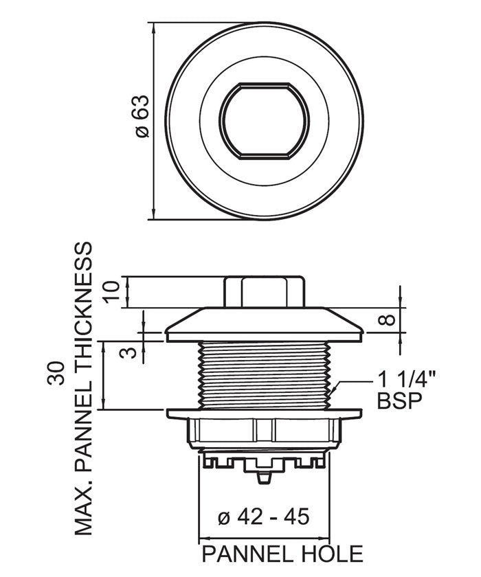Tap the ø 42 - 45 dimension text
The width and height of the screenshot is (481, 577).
point(263,516)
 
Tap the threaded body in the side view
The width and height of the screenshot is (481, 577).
point(263,374)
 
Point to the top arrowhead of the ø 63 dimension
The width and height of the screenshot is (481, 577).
point(153,27)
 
